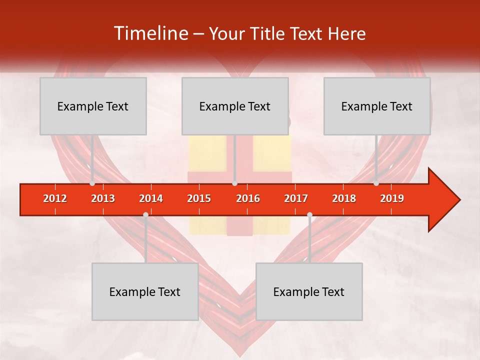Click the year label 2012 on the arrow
55,198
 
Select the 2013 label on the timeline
103,198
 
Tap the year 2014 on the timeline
151,198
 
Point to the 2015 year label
199,198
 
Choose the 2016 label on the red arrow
248,198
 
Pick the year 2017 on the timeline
296,198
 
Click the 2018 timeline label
344,198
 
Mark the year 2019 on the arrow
392,198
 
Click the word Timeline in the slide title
150,33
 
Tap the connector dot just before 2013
92,183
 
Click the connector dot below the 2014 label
145,214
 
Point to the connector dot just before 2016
234,183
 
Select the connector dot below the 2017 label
309,214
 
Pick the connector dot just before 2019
376,183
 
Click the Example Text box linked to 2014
145,291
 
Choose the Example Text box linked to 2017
309,291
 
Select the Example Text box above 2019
377,106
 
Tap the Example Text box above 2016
235,106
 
